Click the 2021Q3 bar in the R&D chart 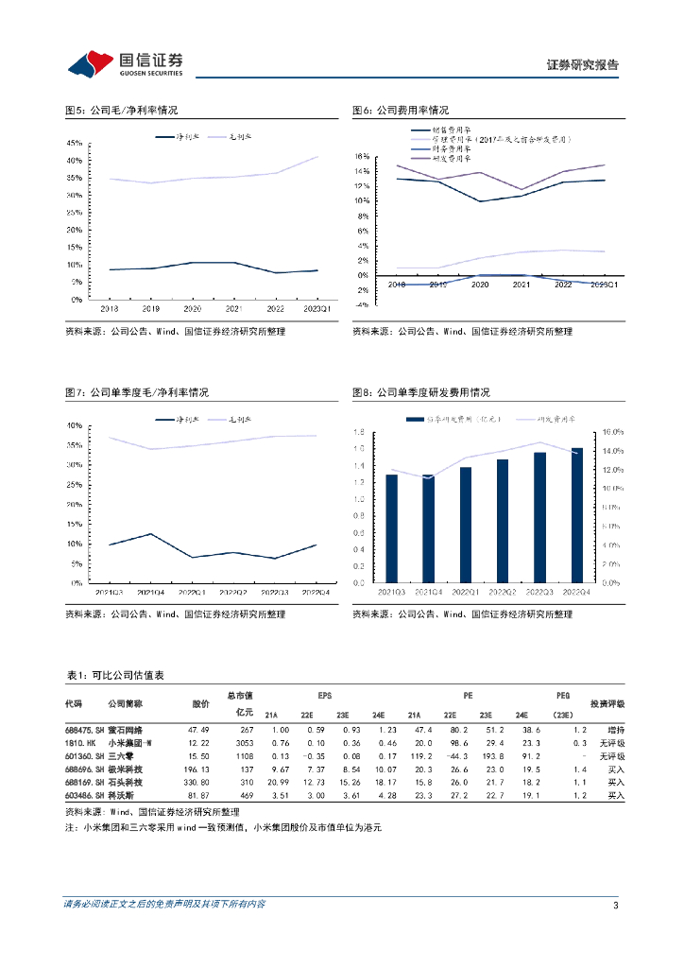392,528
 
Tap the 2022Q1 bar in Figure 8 466,525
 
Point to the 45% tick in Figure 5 74,142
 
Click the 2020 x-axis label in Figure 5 193,308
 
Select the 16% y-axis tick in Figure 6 361,156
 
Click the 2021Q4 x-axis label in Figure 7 149,592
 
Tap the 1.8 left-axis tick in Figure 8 360,432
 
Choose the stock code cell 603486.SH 84,797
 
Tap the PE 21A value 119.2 421,756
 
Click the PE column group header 467,695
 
